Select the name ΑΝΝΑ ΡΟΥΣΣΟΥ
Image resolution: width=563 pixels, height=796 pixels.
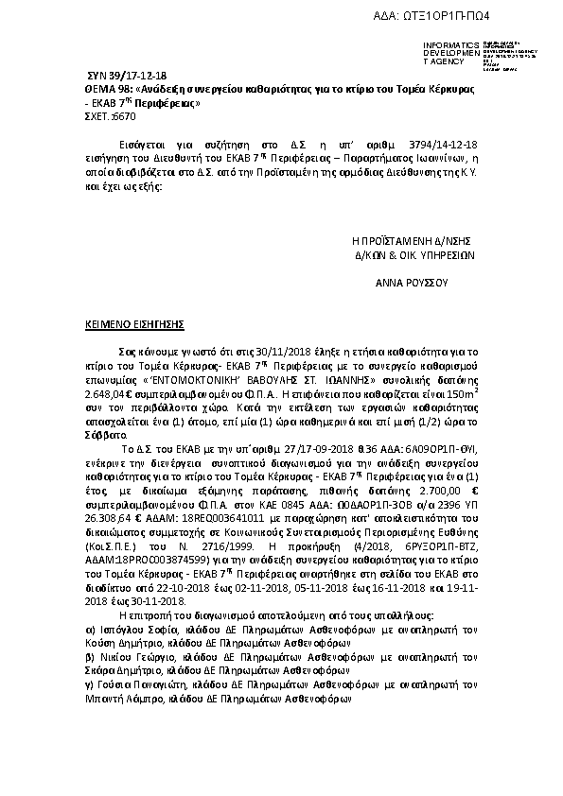(x=412, y=282)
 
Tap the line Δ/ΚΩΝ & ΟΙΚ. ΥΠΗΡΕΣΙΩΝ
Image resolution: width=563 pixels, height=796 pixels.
(x=413, y=254)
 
